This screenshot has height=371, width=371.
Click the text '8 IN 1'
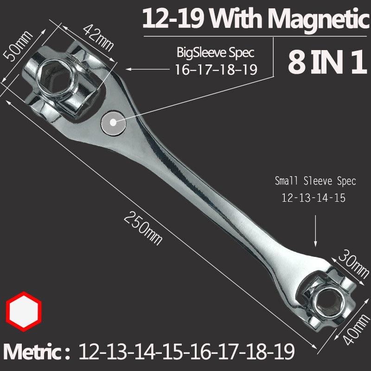[324, 64]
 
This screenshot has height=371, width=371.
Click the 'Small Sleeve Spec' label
[315, 181]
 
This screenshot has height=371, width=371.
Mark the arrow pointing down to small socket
[315, 232]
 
